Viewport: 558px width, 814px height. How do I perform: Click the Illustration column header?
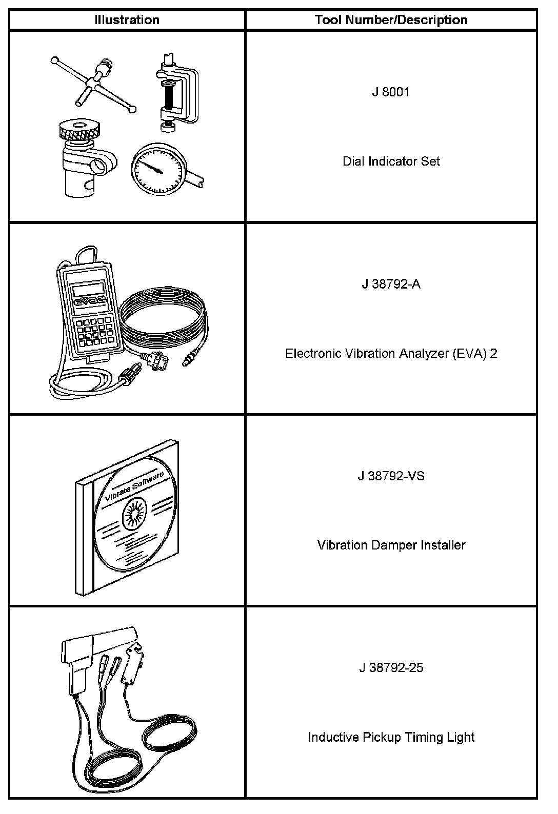127,20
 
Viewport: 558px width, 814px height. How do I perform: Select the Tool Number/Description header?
391,20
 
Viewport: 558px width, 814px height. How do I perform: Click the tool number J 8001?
391,92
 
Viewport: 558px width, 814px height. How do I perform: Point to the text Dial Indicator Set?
391,161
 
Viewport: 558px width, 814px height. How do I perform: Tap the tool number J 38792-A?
391,284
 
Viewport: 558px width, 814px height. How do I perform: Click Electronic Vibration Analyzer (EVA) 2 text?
391,353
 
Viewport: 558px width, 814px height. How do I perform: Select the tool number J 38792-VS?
391,476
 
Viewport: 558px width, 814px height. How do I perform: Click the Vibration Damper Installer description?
391,544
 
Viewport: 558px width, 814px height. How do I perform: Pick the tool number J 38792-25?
391,667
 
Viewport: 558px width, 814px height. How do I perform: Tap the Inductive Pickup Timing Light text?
391,737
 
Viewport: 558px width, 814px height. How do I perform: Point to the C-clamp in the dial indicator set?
177,92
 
